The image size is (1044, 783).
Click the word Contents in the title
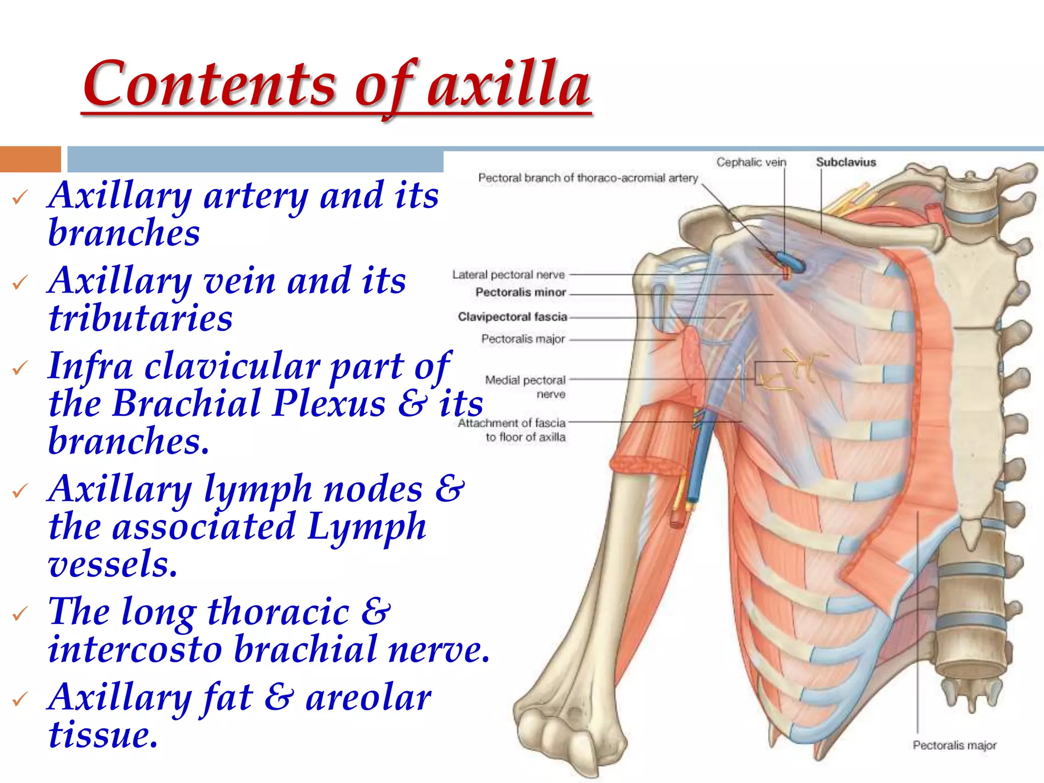[209, 84]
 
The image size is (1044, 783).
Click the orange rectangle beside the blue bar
[30, 159]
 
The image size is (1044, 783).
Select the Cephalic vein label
[751, 163]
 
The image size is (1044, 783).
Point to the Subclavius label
[846, 163]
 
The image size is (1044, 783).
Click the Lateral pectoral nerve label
[508, 275]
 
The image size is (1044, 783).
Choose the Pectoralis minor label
[520, 293]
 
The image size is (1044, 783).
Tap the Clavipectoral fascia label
[512, 317]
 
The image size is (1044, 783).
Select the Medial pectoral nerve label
[526, 386]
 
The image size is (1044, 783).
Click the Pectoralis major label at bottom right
[954, 745]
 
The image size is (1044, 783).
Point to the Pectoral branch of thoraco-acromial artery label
[588, 178]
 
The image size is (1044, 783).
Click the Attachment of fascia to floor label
[512, 430]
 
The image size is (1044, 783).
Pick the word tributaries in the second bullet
[140, 319]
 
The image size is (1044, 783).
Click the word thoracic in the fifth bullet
[278, 611]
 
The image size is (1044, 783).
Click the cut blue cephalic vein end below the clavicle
[791, 260]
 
